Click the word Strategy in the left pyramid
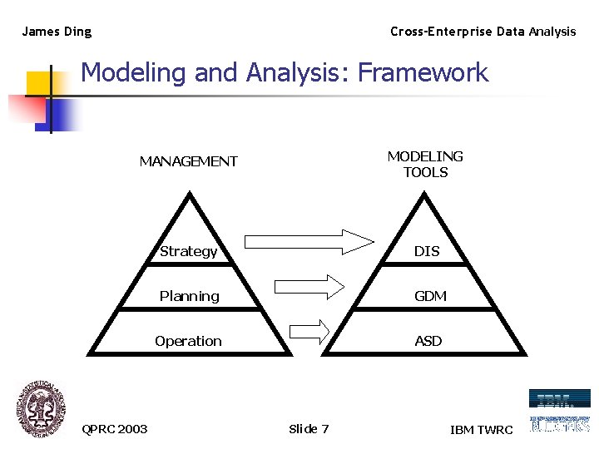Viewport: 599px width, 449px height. [188, 251]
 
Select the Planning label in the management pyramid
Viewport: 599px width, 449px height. [189, 296]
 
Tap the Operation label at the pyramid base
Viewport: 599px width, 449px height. [188, 341]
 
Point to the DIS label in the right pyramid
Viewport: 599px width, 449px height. [427, 251]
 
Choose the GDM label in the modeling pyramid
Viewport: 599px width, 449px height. [430, 296]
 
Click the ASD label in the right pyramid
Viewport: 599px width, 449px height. [428, 341]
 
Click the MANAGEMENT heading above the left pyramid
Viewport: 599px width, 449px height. [188, 161]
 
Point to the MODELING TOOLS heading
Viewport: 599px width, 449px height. [425, 164]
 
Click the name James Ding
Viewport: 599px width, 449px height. [57, 32]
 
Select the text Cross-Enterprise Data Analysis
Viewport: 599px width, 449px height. [483, 32]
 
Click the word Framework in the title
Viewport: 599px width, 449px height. [423, 72]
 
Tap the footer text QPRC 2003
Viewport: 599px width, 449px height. [115, 429]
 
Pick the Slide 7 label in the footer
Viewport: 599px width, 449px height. [309, 429]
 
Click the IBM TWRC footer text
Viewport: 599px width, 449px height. [482, 430]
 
